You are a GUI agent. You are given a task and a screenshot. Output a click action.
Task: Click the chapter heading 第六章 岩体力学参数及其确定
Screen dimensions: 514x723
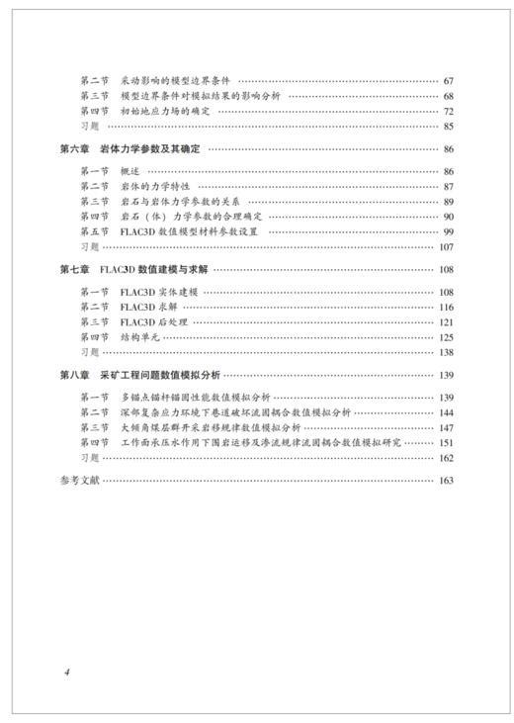[132, 149]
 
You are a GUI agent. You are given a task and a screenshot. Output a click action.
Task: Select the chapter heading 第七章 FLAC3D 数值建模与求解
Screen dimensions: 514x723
[132, 269]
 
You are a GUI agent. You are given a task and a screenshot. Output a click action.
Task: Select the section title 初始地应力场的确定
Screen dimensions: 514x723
[172, 111]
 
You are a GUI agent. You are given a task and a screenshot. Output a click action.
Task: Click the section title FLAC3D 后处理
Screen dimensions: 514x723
[158, 321]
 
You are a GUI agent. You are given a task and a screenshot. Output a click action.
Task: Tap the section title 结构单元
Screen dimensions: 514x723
[139, 336]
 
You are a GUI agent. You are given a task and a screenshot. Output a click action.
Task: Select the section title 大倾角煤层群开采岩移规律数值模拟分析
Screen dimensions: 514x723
[211, 427]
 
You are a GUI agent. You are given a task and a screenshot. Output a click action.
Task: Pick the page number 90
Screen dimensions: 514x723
[447, 216]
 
